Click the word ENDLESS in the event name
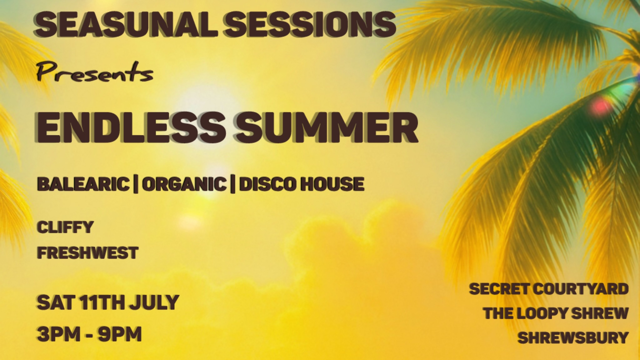coord(130,127)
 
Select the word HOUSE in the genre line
coord(332,184)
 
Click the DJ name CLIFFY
coord(65,227)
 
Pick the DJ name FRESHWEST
coord(88,253)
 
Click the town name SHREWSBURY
coord(573,338)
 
